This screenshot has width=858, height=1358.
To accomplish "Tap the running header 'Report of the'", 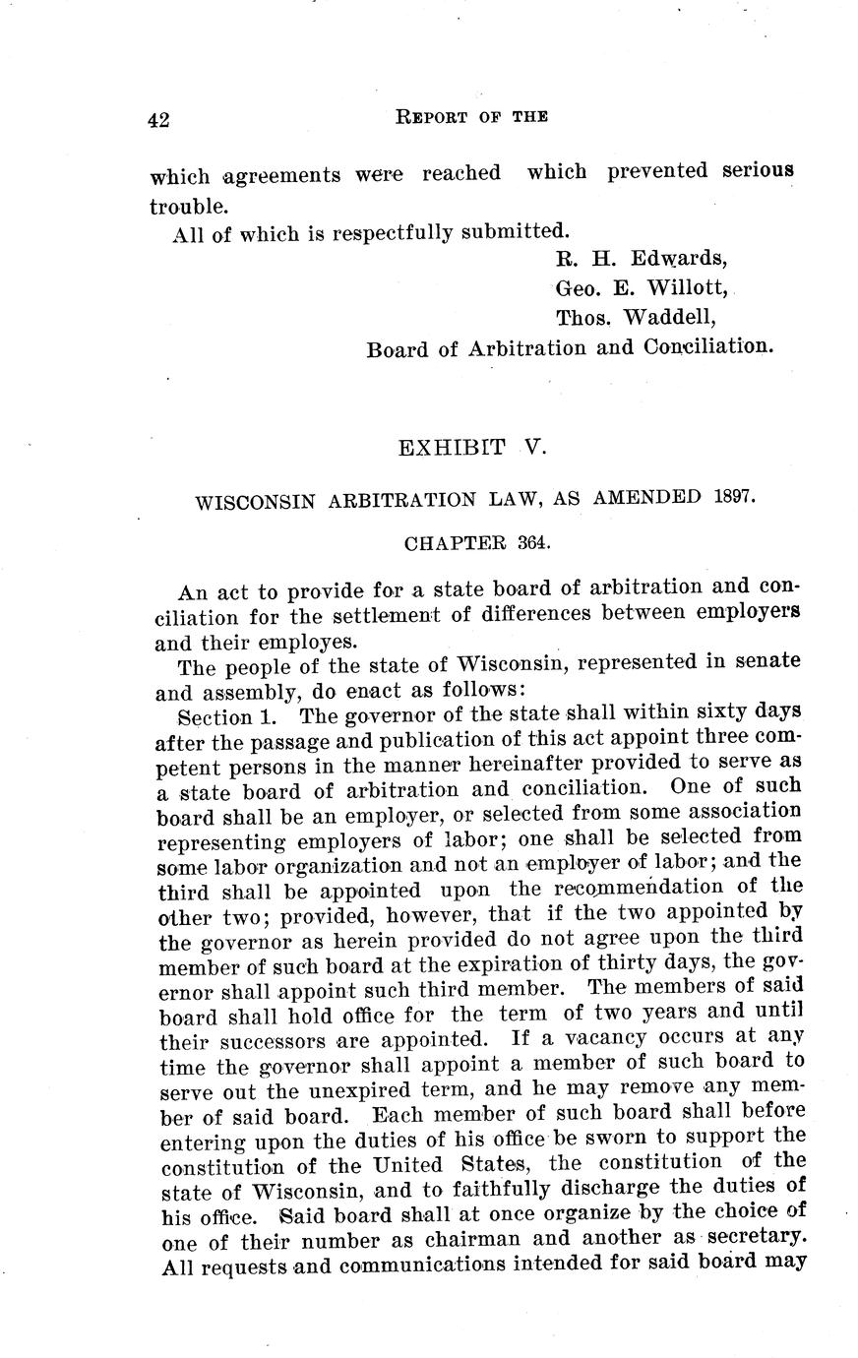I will pos(471,116).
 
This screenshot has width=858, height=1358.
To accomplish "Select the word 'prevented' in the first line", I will pos(657,171).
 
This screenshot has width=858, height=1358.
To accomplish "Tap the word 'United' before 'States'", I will pos(408,1165).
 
